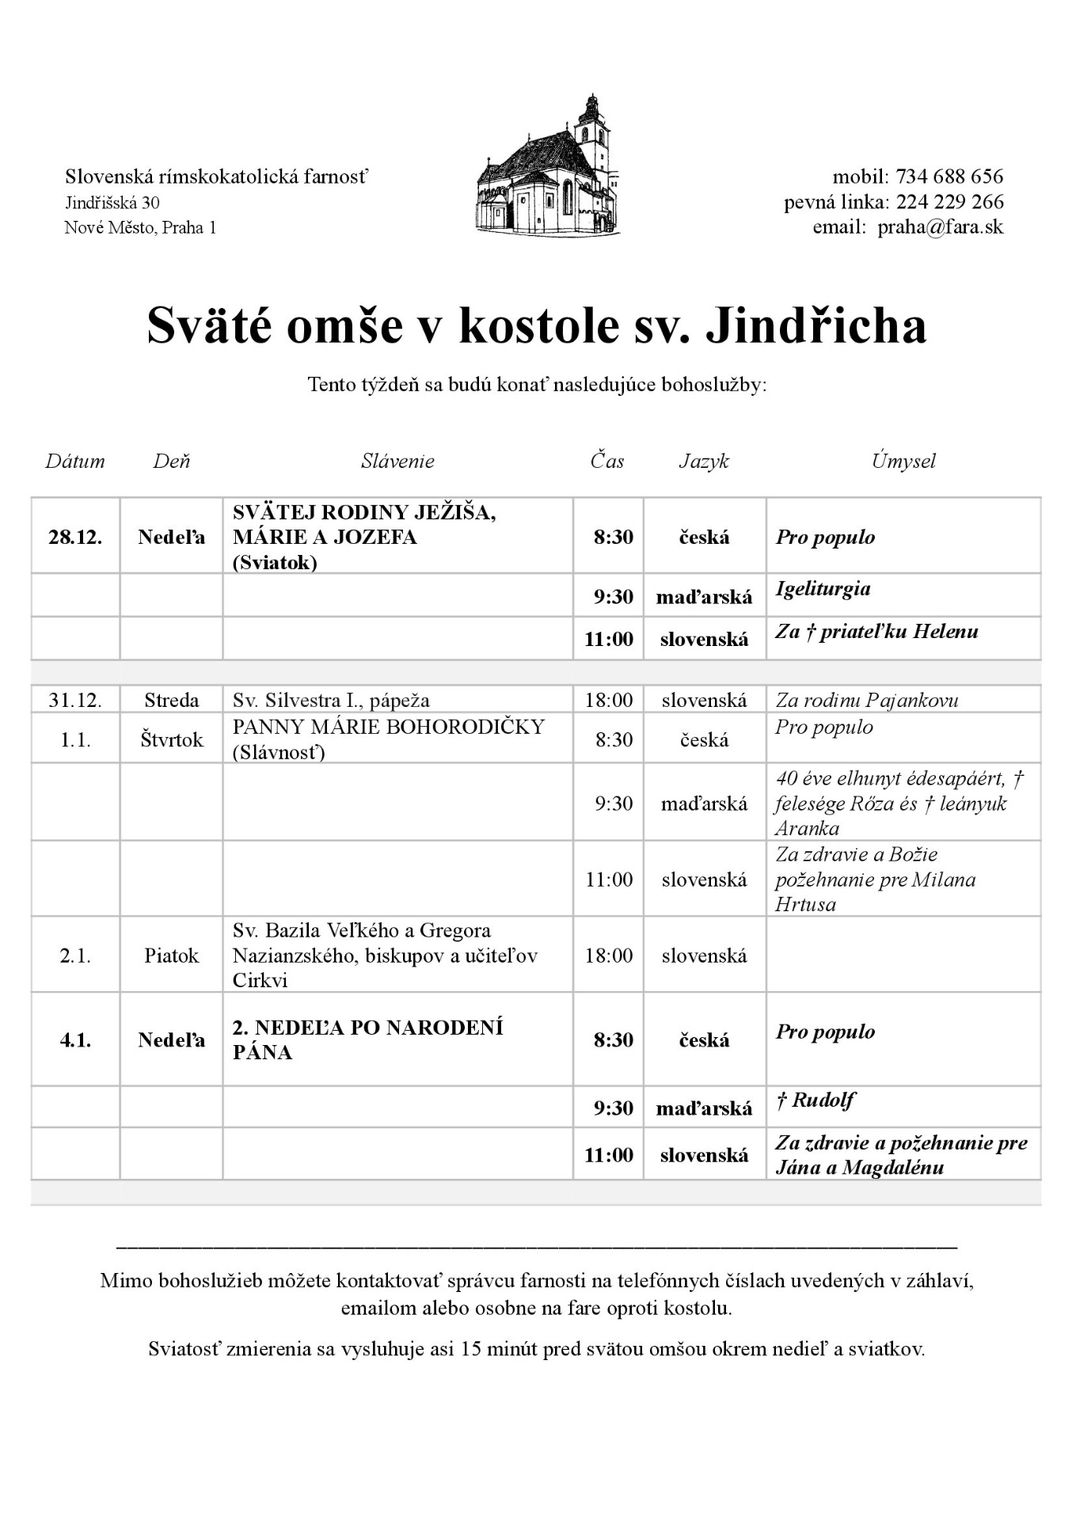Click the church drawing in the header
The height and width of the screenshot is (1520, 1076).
click(x=547, y=167)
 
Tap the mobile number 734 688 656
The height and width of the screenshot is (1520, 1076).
click(x=949, y=176)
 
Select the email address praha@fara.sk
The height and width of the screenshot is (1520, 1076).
click(x=940, y=227)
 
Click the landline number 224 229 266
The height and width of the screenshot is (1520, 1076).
click(x=949, y=202)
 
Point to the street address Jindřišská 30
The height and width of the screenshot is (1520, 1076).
click(x=112, y=203)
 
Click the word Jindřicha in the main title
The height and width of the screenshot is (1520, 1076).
click(x=816, y=326)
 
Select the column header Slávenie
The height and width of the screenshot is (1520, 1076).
click(x=397, y=461)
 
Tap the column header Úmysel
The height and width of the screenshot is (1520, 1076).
click(x=903, y=461)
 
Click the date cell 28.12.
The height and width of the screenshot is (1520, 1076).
click(x=75, y=537)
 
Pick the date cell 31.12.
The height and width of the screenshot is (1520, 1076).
click(x=75, y=700)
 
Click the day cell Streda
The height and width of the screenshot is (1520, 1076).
click(x=171, y=700)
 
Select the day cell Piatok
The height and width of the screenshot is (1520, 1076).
click(x=171, y=956)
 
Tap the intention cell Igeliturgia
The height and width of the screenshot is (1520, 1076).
click(x=823, y=588)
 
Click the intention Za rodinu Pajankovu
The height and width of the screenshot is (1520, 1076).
click(x=866, y=700)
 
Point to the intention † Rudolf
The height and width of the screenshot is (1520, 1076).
click(x=815, y=1100)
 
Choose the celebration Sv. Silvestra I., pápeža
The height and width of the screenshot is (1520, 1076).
click(x=331, y=700)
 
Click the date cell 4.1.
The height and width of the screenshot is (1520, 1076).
click(x=75, y=1039)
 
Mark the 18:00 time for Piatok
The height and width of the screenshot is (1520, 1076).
click(x=609, y=956)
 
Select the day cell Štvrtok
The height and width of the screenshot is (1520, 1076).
click(x=171, y=739)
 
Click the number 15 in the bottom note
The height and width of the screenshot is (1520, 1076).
click(x=471, y=1349)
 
